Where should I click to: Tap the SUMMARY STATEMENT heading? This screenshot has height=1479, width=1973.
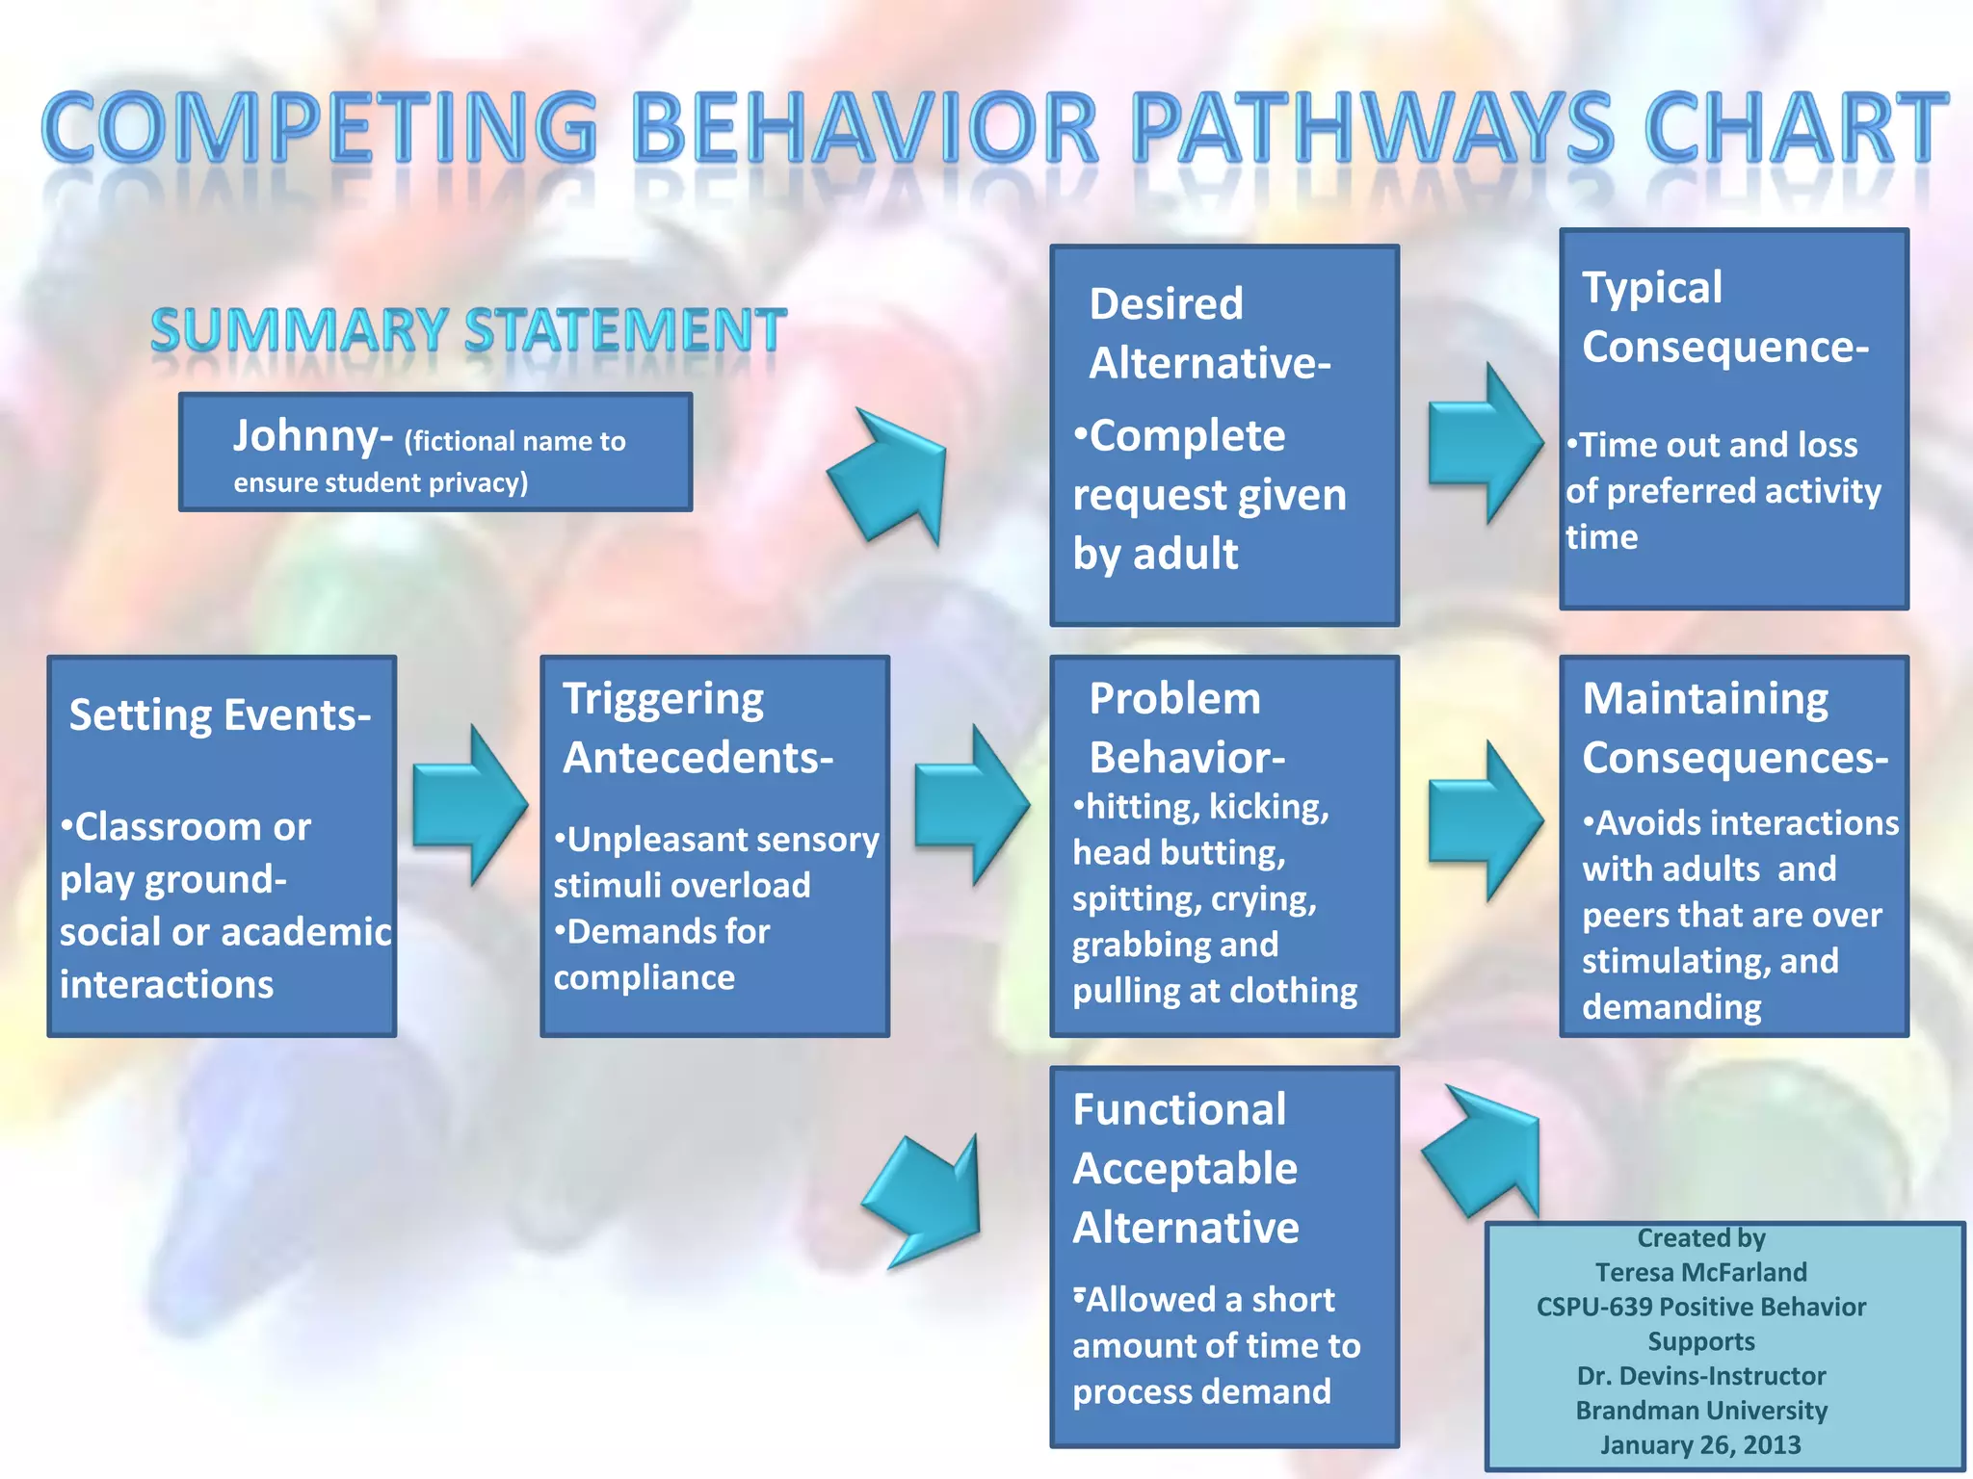[x=468, y=330]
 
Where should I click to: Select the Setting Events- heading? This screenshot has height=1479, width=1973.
[x=220, y=715]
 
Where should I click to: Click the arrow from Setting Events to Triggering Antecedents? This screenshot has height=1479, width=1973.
[x=470, y=806]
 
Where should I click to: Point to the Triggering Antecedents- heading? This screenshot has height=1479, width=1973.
[x=697, y=728]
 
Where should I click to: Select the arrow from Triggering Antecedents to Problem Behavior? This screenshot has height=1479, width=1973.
[x=971, y=806]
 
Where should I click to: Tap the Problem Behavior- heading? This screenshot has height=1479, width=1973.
[x=1186, y=728]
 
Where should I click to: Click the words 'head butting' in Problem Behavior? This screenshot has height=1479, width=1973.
[x=1177, y=853]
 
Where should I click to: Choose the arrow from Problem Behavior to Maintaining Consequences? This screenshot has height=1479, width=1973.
[x=1485, y=821]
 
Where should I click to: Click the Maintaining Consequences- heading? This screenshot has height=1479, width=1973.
[x=1734, y=728]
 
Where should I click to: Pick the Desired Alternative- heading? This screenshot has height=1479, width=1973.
[x=1209, y=333]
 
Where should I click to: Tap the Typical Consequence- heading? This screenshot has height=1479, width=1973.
[x=1724, y=317]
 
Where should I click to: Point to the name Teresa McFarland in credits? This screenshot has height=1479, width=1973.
[x=1700, y=1272]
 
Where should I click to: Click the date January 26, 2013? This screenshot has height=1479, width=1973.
[x=1700, y=1444]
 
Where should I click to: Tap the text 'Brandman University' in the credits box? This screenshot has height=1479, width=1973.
[x=1700, y=1410]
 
